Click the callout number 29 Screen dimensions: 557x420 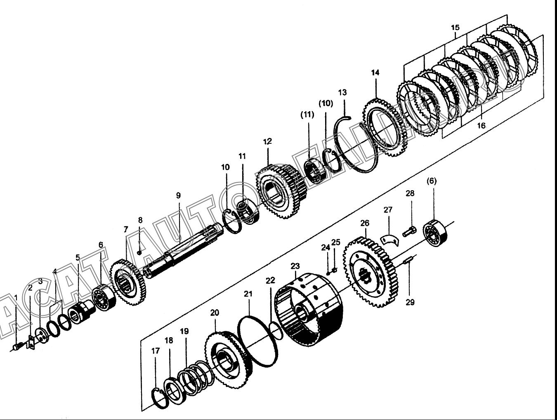[410, 302]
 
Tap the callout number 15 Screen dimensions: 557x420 [455, 27]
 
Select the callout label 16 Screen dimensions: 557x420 [481, 125]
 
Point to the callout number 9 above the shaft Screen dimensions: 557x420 [178, 196]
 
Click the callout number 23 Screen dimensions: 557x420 [295, 266]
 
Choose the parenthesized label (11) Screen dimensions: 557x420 [307, 115]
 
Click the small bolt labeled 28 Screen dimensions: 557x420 [409, 231]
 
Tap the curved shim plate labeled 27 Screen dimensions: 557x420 [389, 240]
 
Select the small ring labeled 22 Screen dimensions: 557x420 [276, 331]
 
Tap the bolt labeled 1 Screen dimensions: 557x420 [19, 346]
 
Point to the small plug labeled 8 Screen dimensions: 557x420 [139, 252]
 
